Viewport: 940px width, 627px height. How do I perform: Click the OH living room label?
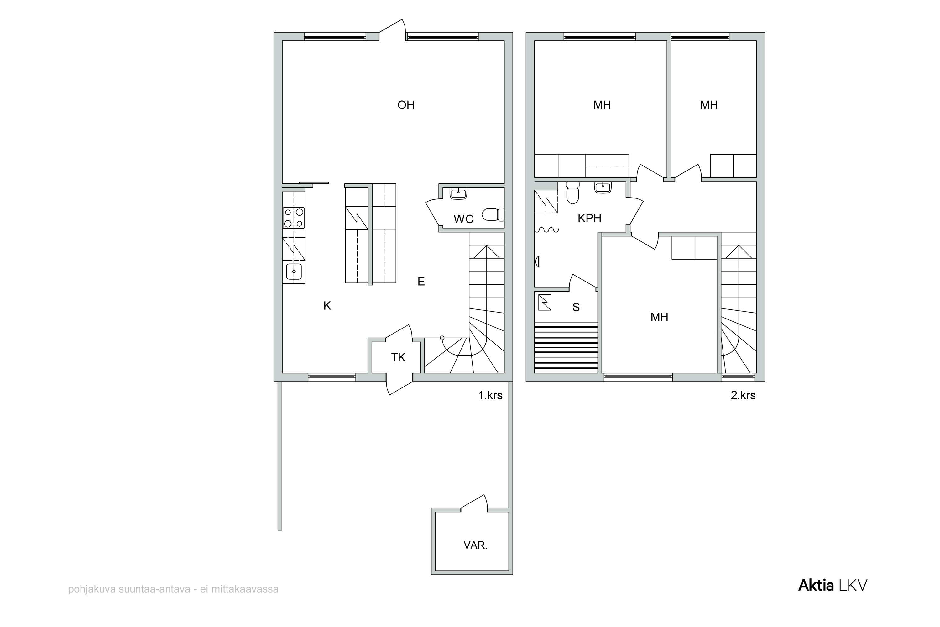tap(406, 105)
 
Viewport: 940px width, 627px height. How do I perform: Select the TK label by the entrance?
tap(398, 357)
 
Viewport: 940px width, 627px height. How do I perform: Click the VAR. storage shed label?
tap(475, 545)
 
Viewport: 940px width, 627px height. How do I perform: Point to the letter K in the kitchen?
tap(327, 306)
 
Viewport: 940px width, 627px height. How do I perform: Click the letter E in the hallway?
tap(421, 282)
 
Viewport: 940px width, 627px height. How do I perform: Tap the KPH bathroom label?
tap(589, 218)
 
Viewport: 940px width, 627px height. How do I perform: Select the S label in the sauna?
tap(576, 307)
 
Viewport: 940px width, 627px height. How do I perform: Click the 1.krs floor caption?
tap(490, 395)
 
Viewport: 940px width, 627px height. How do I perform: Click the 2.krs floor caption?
tap(743, 395)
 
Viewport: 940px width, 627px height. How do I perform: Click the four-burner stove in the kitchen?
tap(294, 218)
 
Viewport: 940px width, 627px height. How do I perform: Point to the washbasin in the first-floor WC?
tap(458, 193)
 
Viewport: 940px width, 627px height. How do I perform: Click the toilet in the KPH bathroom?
tap(573, 192)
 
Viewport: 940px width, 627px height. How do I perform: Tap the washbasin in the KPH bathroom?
tap(602, 187)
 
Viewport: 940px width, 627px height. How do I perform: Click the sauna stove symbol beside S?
tap(545, 302)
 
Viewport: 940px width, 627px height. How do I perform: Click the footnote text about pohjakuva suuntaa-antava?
tap(174, 589)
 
